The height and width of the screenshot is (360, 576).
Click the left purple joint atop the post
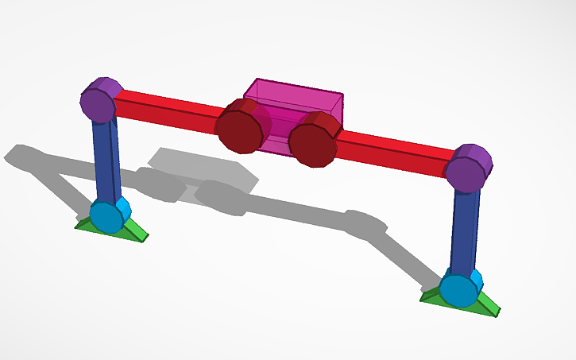101,101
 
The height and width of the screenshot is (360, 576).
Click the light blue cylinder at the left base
107,215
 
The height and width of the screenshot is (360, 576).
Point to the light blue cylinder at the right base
460,289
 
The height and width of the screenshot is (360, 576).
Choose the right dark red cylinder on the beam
313,141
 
